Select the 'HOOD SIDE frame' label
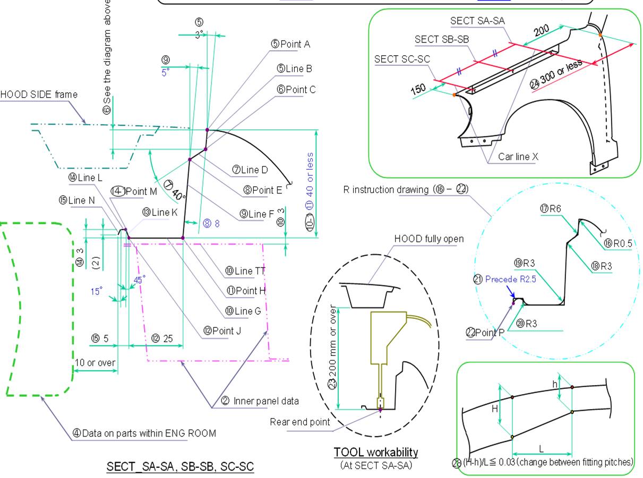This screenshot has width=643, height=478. tap(38, 94)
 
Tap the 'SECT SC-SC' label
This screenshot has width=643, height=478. tap(402, 59)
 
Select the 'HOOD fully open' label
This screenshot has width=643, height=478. tap(428, 239)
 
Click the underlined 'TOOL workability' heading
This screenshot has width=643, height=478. tap(375, 452)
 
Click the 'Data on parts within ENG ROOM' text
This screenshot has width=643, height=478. tap(144, 433)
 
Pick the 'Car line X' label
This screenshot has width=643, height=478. tap(518, 157)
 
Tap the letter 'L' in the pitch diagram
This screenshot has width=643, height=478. tap(541, 449)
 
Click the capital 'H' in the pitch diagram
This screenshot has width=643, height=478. tap(494, 409)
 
